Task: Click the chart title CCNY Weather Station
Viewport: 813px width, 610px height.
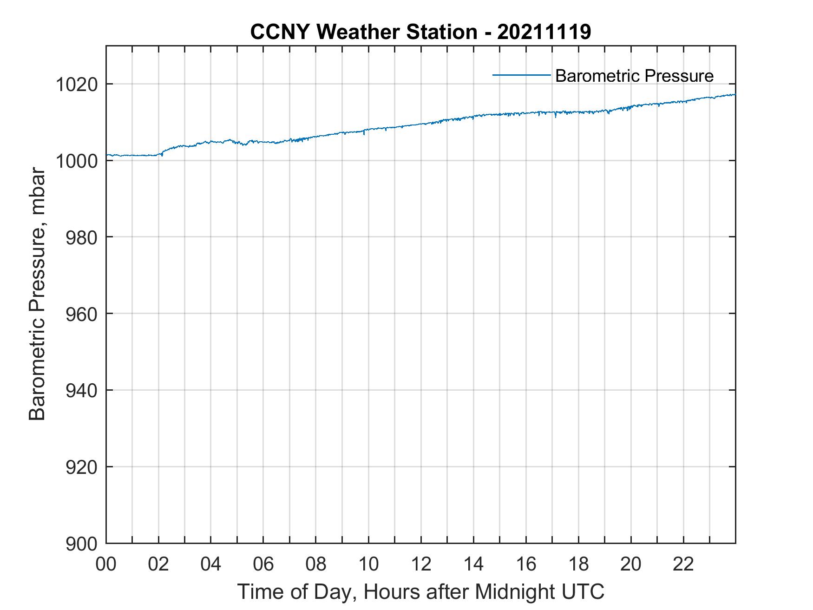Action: coord(420,32)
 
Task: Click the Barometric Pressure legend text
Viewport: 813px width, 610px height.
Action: coord(634,76)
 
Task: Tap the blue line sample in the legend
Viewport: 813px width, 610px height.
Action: coord(521,74)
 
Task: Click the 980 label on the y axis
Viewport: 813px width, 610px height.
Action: coord(81,237)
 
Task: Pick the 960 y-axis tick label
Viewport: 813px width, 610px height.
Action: coord(81,314)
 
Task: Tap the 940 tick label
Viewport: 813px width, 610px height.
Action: coord(81,391)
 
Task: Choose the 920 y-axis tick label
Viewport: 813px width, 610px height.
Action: coord(81,467)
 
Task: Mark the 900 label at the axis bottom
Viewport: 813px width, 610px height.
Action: coord(81,544)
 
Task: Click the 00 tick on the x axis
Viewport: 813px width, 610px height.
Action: coord(106,564)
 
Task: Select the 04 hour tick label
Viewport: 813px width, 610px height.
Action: coord(211,564)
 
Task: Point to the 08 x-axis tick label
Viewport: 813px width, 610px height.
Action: coord(316,564)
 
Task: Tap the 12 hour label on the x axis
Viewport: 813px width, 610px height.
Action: coord(421,564)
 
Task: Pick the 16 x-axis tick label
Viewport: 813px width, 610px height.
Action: coord(526,564)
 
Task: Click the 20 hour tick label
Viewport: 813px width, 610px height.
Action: coord(631,564)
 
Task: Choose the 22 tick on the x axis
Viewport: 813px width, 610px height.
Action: coord(683,564)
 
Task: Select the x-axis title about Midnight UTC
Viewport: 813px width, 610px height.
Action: coord(420,592)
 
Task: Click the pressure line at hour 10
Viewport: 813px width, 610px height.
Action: coord(368,129)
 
